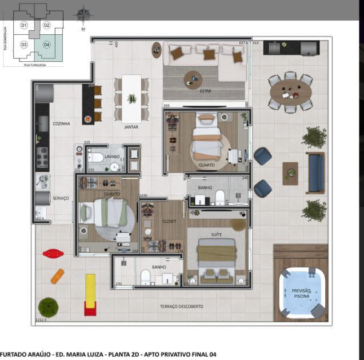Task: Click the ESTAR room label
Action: click(205, 90)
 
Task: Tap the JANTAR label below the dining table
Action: click(131, 127)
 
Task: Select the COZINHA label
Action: click(62, 123)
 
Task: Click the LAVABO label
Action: click(112, 156)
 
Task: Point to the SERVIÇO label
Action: click(61, 198)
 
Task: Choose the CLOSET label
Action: click(169, 221)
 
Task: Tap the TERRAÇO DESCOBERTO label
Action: click(181, 306)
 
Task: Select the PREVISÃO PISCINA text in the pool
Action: click(301, 293)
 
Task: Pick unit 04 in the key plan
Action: click(47, 45)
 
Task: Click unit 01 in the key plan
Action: click(24, 25)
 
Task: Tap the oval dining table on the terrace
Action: click(290, 91)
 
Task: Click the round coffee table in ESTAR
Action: click(193, 79)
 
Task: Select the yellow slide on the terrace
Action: click(90, 294)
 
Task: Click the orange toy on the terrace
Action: click(58, 276)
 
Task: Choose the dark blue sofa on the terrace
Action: click(315, 173)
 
